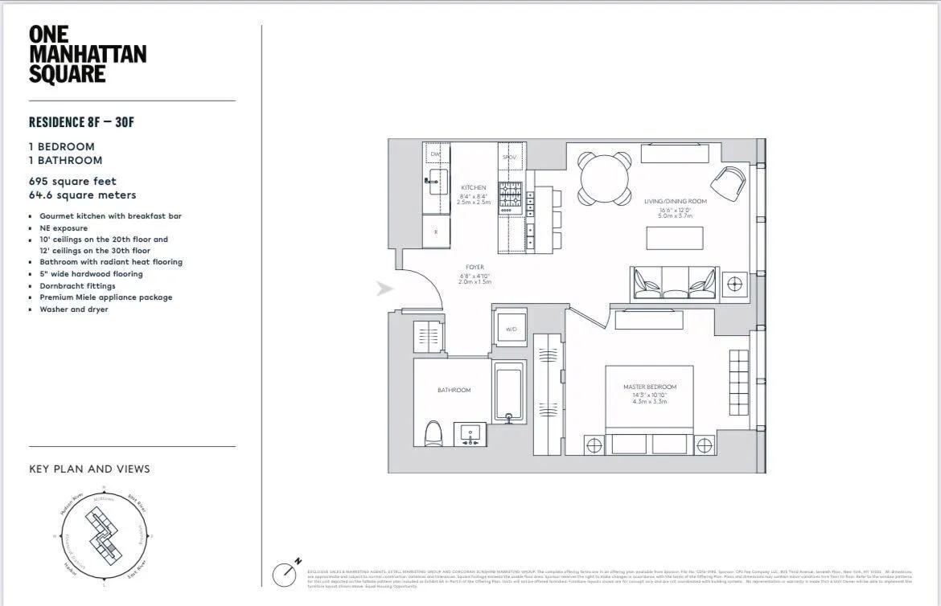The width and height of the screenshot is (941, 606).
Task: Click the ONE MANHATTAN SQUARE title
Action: (x=87, y=55)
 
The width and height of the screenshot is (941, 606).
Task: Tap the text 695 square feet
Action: (x=72, y=182)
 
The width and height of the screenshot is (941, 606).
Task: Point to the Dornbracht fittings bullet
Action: (x=77, y=285)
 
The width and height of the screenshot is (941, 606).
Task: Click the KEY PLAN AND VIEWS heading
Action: (x=89, y=469)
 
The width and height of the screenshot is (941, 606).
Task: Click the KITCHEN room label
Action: (x=474, y=187)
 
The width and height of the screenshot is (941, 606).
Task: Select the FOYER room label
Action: (x=475, y=268)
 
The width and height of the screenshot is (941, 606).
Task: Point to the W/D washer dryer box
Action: (x=511, y=329)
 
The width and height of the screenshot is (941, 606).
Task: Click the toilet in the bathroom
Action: (x=433, y=433)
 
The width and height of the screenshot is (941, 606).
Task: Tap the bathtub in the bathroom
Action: (x=509, y=393)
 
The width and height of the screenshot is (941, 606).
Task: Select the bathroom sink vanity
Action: (x=470, y=435)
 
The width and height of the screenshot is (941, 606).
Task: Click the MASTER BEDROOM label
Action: (x=650, y=387)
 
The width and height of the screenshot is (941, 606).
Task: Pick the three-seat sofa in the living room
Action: (x=675, y=282)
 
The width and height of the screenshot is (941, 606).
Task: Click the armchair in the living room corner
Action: (x=729, y=184)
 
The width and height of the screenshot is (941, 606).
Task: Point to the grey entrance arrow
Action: (x=385, y=288)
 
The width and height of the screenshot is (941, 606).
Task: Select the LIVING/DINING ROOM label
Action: (x=675, y=202)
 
